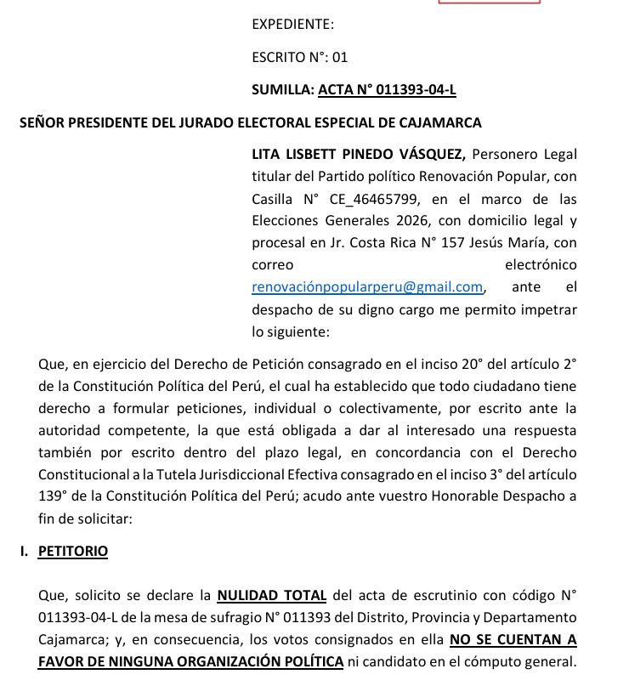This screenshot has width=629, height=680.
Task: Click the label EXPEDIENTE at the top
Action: (x=292, y=25)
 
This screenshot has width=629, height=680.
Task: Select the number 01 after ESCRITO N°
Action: (x=340, y=57)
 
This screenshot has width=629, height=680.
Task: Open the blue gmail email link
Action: (x=367, y=287)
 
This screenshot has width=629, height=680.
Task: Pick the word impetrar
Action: (x=547, y=309)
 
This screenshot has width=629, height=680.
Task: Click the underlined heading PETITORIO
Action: (x=73, y=551)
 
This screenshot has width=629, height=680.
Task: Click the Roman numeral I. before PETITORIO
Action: (x=25, y=551)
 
